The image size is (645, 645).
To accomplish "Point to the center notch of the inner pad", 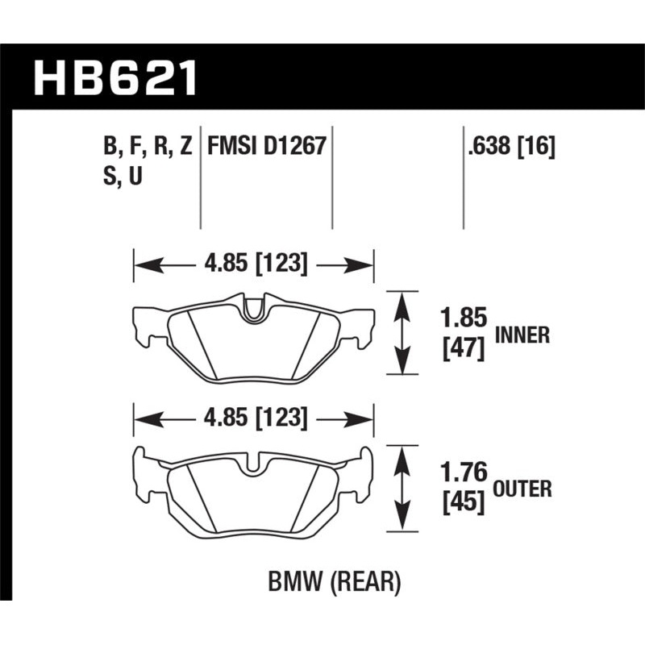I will point(254,310).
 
